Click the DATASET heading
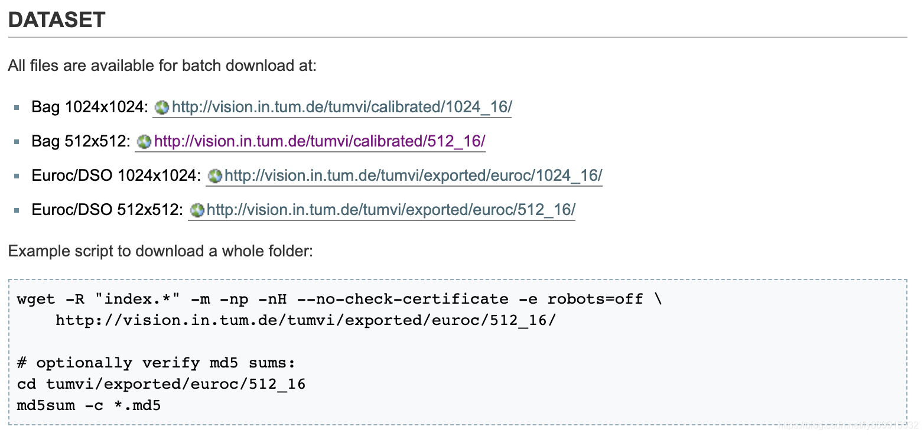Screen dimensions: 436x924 point(57,20)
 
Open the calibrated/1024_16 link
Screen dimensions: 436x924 point(341,108)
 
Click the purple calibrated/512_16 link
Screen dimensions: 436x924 point(320,142)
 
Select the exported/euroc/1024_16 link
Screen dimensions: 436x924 point(413,175)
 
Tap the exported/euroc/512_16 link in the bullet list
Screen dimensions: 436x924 point(391,210)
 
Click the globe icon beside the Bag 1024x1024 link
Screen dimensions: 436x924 point(161,108)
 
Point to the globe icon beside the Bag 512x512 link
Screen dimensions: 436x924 point(144,142)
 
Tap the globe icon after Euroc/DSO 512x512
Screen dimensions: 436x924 point(197,210)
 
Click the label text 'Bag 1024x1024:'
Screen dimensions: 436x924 point(89,108)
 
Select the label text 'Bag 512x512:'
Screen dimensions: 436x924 point(80,142)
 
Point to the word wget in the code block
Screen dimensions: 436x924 point(37,299)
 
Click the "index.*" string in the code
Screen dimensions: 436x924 point(141,299)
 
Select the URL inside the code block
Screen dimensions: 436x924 point(305,320)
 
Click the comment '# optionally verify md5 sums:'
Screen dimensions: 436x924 point(156,363)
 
